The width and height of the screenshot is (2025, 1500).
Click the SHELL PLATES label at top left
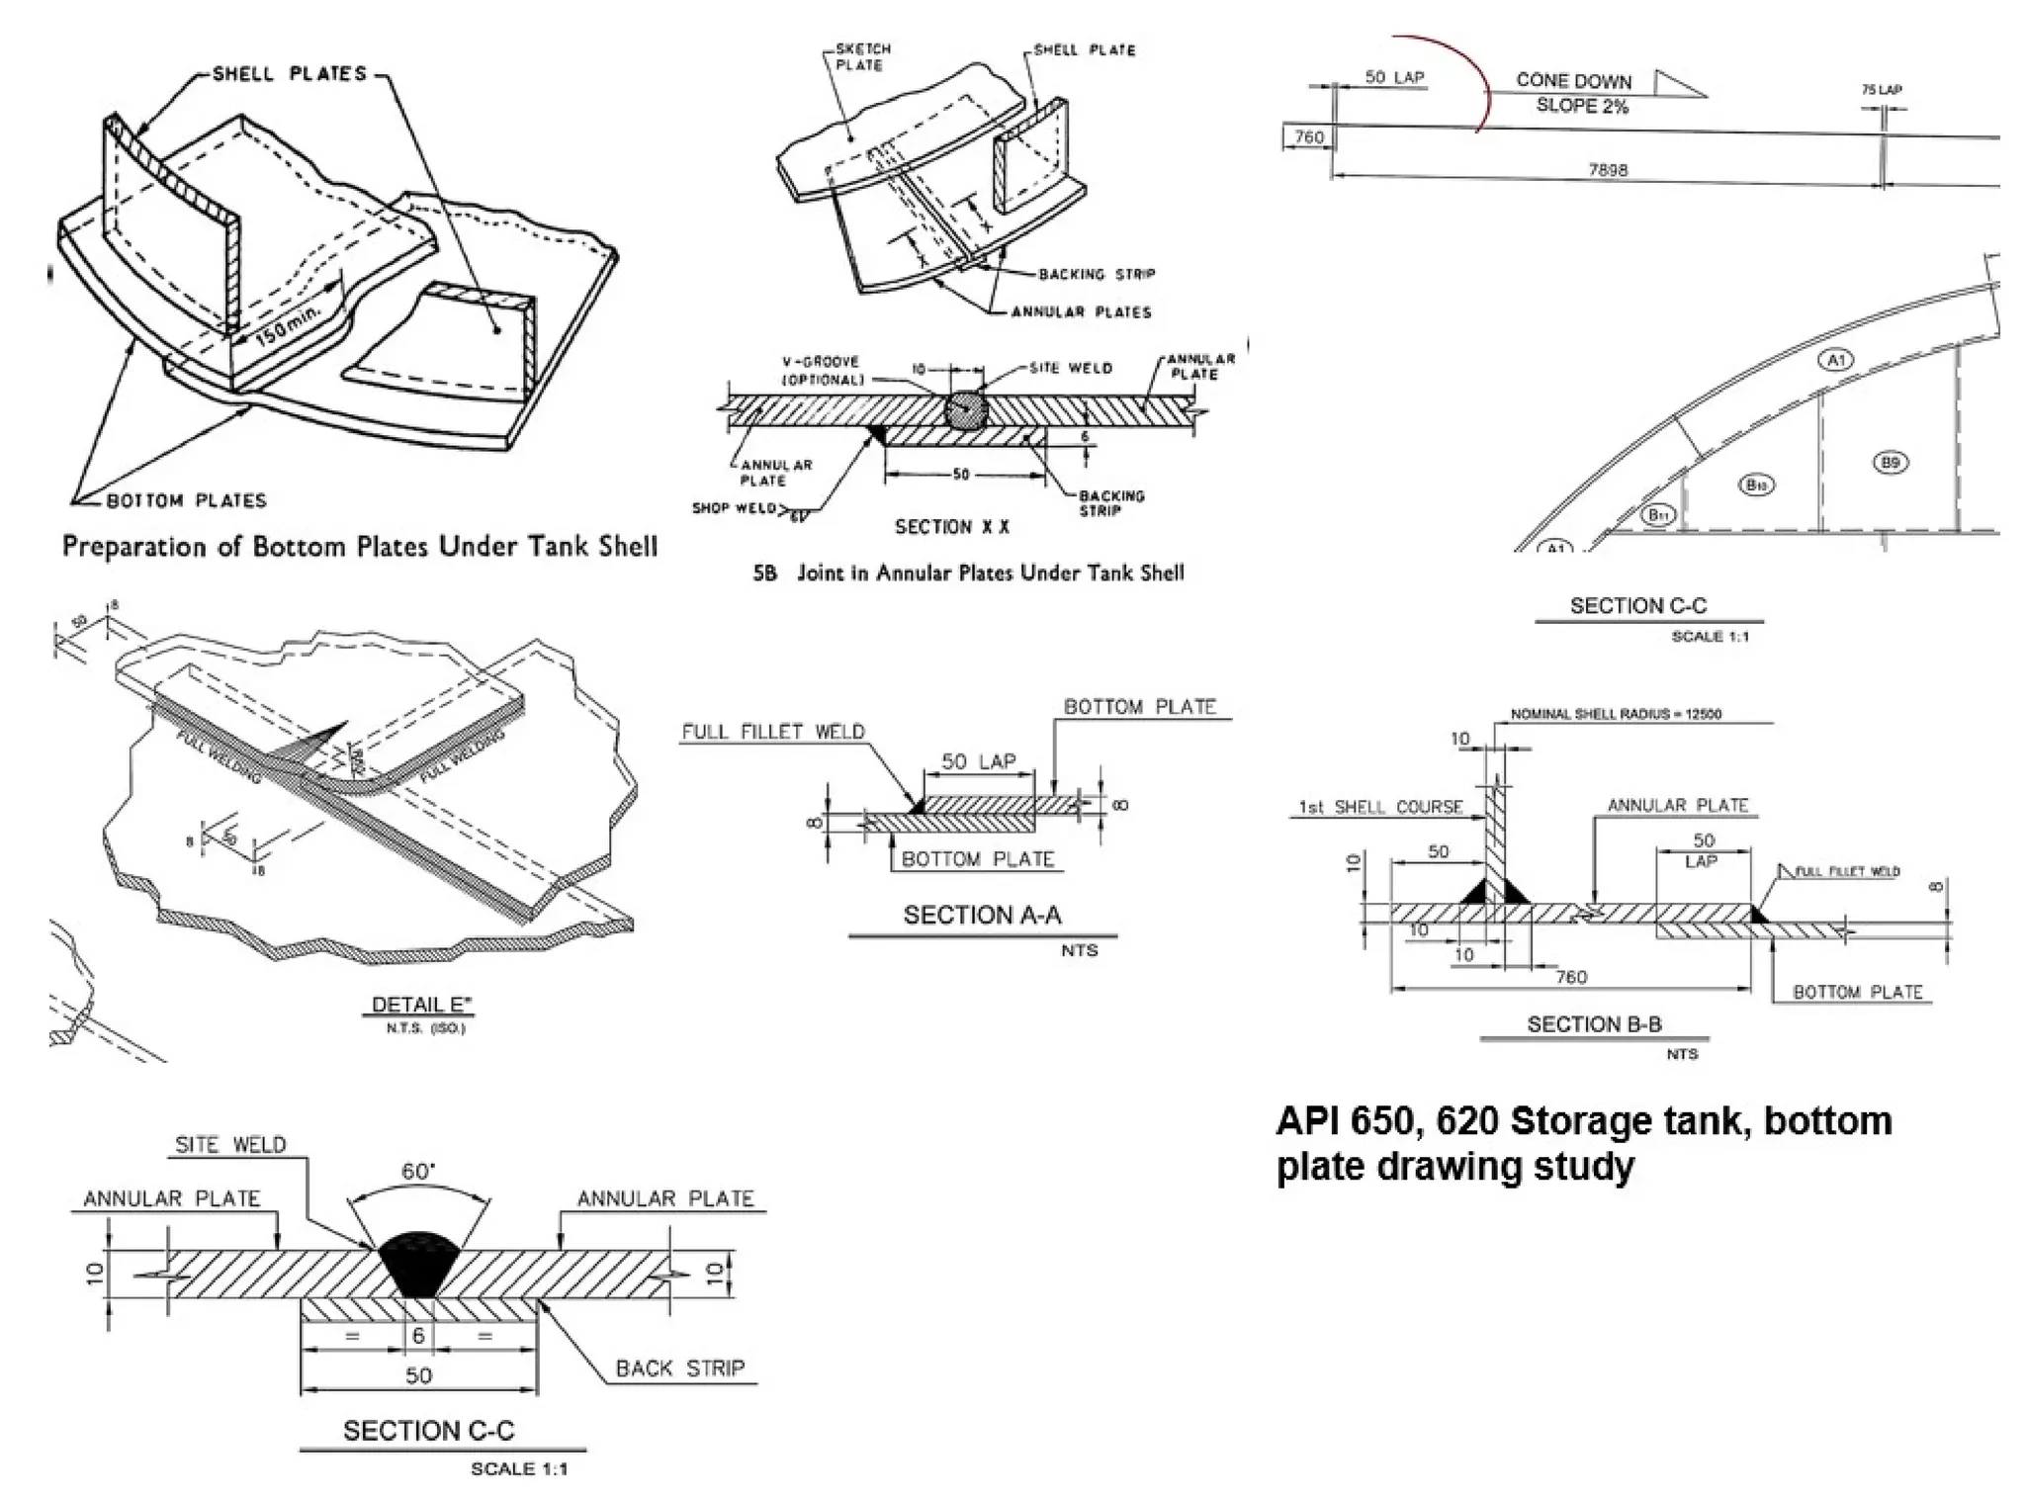[x=289, y=73]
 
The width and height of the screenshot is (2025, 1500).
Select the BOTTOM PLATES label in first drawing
[x=186, y=500]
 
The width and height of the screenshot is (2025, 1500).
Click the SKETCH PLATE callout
[x=862, y=56]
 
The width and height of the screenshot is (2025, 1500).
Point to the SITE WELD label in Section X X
[x=1071, y=368]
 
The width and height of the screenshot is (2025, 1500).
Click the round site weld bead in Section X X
[x=965, y=409]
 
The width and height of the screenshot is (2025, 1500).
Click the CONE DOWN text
[x=1573, y=81]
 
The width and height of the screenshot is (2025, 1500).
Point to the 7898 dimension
[x=1608, y=170]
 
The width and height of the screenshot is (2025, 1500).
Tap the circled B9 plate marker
[x=1889, y=462]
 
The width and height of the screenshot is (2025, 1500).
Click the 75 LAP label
[x=1882, y=90]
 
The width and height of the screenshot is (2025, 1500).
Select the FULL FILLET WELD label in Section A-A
[x=773, y=732]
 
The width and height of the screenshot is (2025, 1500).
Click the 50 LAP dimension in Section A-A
[x=978, y=761]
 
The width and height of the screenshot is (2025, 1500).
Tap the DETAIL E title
[x=421, y=1005]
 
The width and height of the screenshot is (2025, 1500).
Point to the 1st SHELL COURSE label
[x=1381, y=807]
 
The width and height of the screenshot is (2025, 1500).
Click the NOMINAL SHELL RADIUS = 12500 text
[x=1616, y=714]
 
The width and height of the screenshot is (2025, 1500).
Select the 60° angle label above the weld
[x=418, y=1172]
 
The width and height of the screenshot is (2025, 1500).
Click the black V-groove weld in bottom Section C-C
[x=419, y=1266]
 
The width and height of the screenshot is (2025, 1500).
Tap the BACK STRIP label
[x=679, y=1368]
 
